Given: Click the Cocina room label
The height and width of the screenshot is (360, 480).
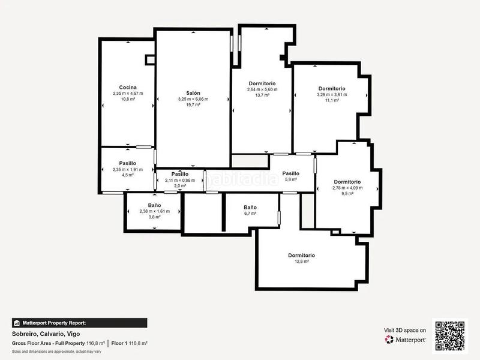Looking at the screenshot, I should click(x=127, y=88).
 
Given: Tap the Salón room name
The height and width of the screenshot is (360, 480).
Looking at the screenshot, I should click(x=193, y=93).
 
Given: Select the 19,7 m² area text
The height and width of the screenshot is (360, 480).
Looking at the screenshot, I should click(x=193, y=104).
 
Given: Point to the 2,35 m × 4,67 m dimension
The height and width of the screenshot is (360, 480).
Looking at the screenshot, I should click(x=127, y=94).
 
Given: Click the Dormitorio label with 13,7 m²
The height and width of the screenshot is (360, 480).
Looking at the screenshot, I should click(x=262, y=83).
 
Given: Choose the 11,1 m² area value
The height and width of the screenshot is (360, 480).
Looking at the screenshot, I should click(x=332, y=100).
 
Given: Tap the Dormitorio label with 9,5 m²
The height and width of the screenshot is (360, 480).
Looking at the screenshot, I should click(x=347, y=182).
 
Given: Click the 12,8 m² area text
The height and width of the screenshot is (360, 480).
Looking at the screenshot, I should click(x=301, y=262).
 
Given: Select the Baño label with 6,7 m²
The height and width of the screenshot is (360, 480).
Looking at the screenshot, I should click(x=250, y=206).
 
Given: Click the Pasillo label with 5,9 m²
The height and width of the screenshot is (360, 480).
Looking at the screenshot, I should click(x=291, y=173).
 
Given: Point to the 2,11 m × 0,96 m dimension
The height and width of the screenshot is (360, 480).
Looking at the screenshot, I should click(x=180, y=180).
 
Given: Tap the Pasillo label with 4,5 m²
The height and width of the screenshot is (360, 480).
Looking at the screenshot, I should click(x=127, y=163).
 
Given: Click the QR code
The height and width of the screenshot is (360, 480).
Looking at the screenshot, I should click(x=449, y=335).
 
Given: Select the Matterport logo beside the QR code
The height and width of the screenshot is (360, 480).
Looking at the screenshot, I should click(x=406, y=340).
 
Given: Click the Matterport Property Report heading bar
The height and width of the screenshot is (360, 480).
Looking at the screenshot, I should click(x=79, y=322).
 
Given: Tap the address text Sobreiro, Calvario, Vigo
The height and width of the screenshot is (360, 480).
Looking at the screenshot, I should click(x=46, y=334).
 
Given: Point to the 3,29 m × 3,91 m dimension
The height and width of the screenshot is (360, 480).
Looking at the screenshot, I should click(x=332, y=94).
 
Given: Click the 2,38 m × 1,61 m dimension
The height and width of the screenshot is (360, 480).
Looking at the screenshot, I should click(x=154, y=211).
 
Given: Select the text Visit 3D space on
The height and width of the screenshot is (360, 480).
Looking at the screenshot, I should click(x=405, y=330).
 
